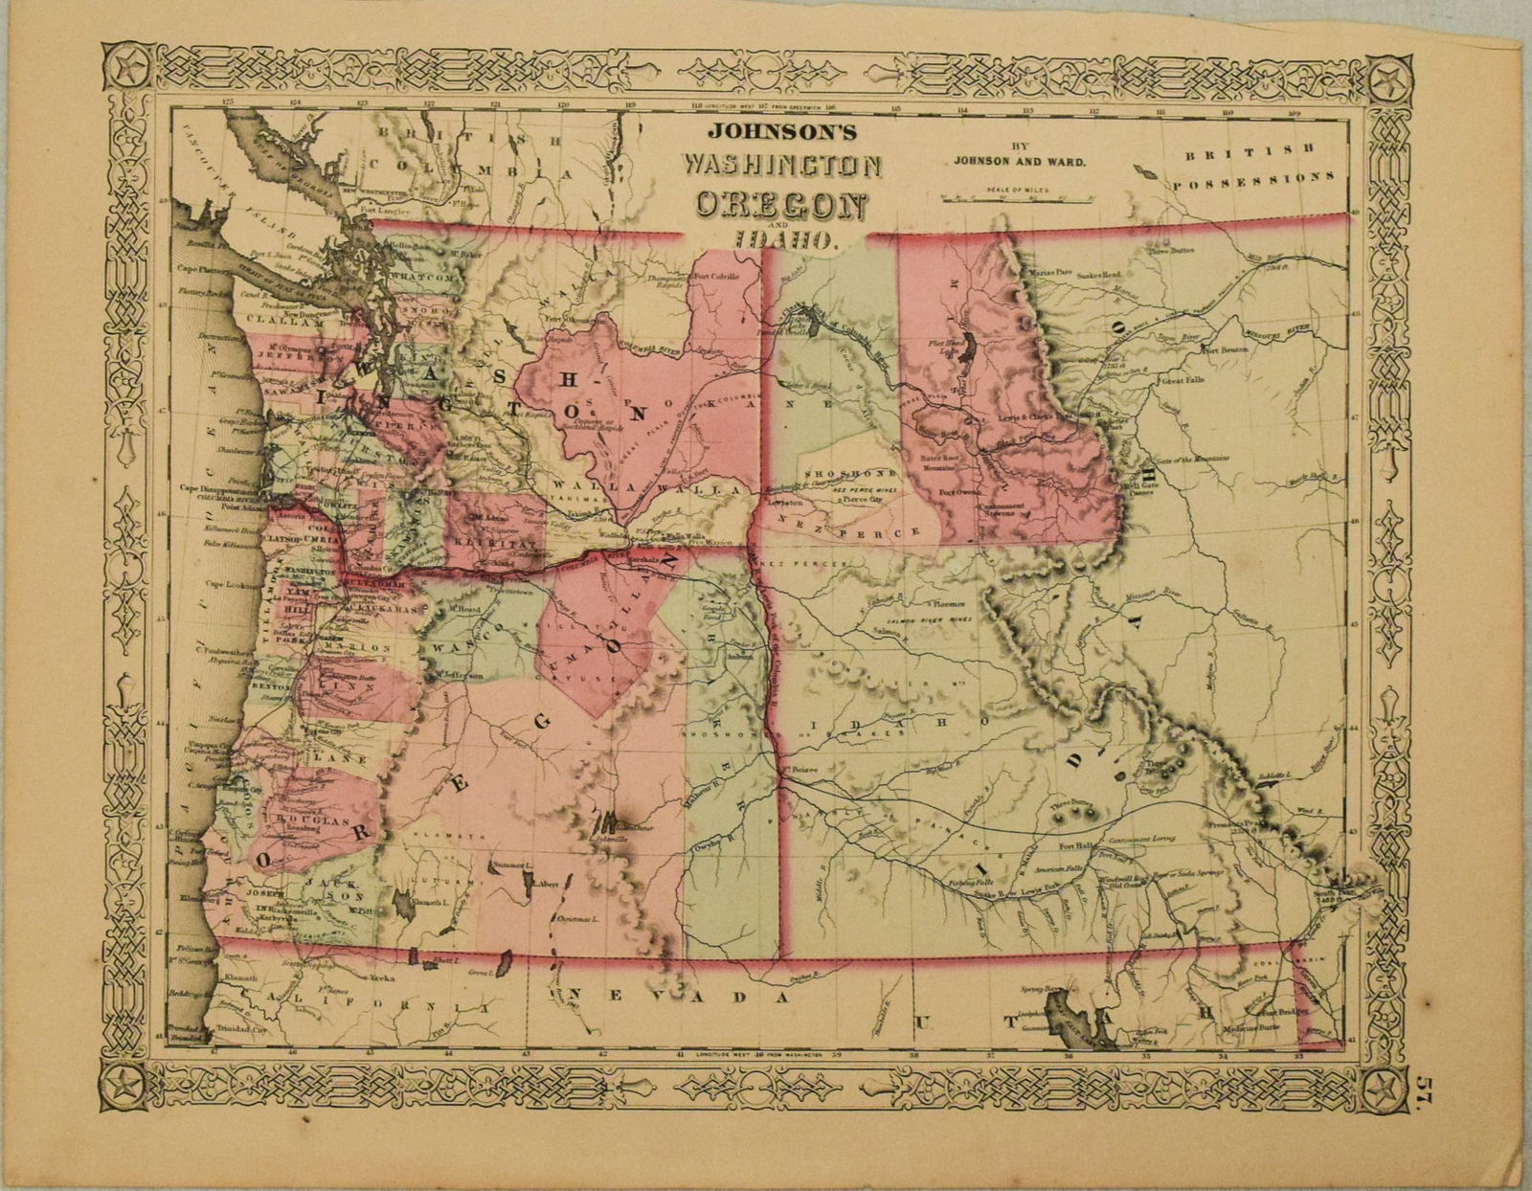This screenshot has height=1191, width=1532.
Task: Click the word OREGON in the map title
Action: tap(782, 205)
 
